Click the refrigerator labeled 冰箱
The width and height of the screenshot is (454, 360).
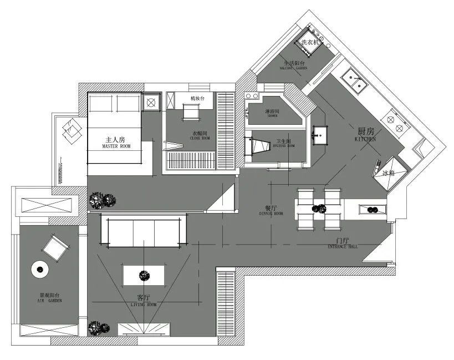386,173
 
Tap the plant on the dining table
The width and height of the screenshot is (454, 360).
319,209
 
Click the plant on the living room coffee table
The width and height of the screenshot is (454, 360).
144,274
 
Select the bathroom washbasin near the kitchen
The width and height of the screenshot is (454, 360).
319,134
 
